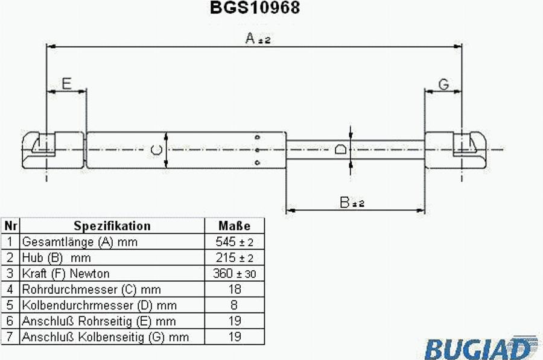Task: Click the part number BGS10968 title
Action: (255, 8)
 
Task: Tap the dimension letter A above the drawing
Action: (250, 38)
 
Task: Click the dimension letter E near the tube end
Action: (66, 83)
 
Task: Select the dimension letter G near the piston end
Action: (443, 84)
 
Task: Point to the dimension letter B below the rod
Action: (345, 202)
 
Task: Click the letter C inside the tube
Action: (156, 150)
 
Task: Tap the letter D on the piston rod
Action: (341, 149)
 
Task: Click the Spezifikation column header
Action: (112, 226)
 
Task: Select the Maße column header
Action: (235, 226)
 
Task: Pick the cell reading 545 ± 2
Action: (235, 242)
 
